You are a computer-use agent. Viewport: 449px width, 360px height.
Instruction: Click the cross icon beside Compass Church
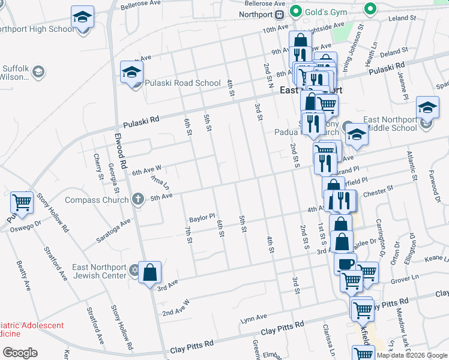point(138,199)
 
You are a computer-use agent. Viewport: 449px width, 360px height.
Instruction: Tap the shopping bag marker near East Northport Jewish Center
point(149,272)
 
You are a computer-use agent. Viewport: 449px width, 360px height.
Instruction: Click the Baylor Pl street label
point(202,220)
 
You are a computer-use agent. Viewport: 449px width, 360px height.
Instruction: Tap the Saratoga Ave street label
point(113,231)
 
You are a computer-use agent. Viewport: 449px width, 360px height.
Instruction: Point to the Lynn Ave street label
point(253,317)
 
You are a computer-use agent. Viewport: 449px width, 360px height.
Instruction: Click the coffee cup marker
point(345,264)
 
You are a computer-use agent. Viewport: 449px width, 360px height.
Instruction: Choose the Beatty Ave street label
point(24,277)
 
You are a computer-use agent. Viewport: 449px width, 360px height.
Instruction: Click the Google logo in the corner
point(20,353)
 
